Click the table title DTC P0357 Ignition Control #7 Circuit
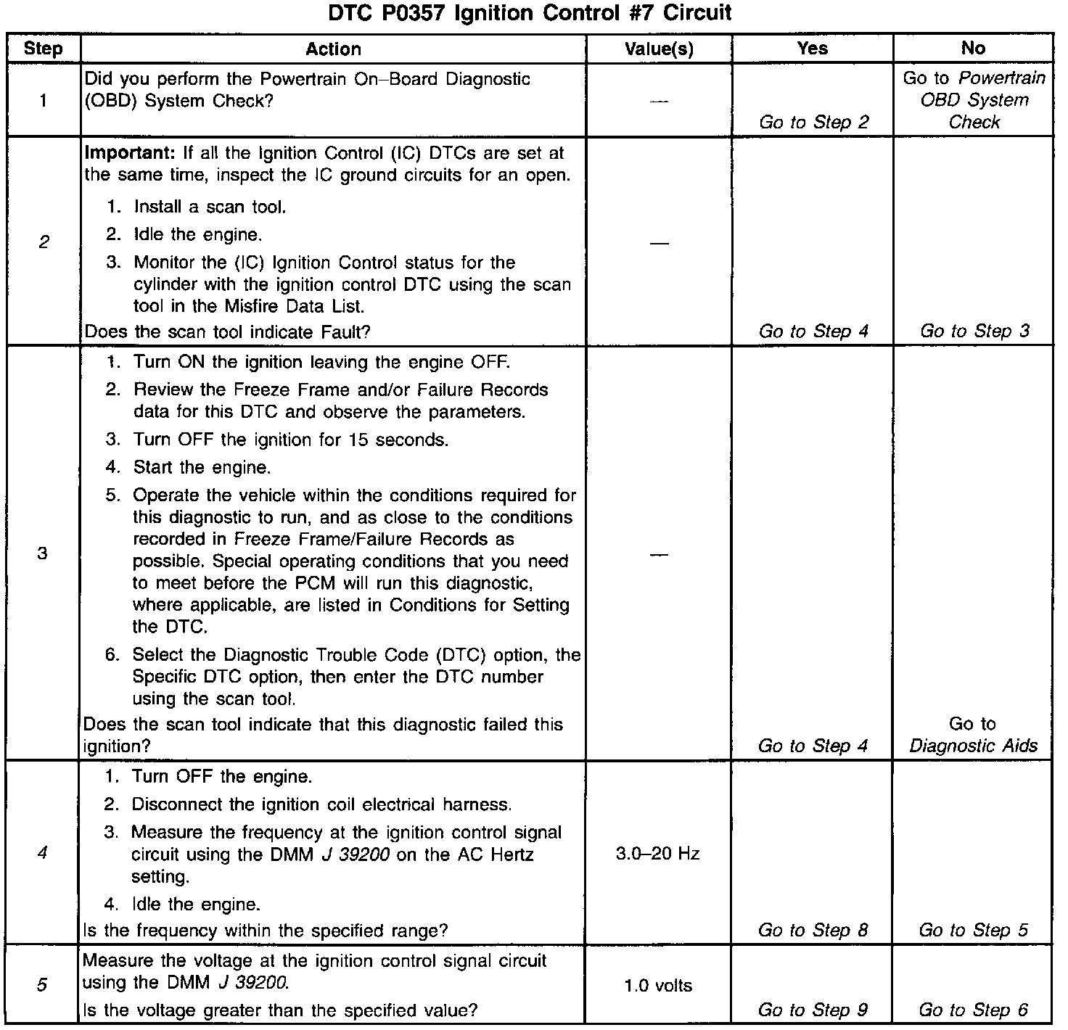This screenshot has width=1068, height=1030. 530,13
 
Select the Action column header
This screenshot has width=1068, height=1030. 333,49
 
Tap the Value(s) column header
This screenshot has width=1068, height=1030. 659,49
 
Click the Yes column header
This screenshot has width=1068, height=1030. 812,48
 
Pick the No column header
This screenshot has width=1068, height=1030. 973,48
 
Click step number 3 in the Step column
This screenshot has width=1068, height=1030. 42,553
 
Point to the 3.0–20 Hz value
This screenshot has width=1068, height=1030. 657,854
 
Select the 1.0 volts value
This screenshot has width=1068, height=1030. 658,986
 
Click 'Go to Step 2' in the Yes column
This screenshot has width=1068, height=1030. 813,122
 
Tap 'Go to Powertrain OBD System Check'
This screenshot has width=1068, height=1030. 974,100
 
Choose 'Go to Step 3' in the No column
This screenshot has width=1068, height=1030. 974,331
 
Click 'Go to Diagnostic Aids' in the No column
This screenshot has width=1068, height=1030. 973,735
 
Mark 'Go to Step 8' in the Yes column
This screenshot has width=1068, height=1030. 813,930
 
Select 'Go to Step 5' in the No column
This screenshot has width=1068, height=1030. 973,930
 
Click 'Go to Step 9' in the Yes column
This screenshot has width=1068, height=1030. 813,1010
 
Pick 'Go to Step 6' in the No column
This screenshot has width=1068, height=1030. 973,1010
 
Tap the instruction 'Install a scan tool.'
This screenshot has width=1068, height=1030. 210,207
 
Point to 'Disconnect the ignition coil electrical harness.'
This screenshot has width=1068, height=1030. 321,804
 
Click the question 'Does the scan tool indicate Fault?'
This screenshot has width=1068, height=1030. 228,331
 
